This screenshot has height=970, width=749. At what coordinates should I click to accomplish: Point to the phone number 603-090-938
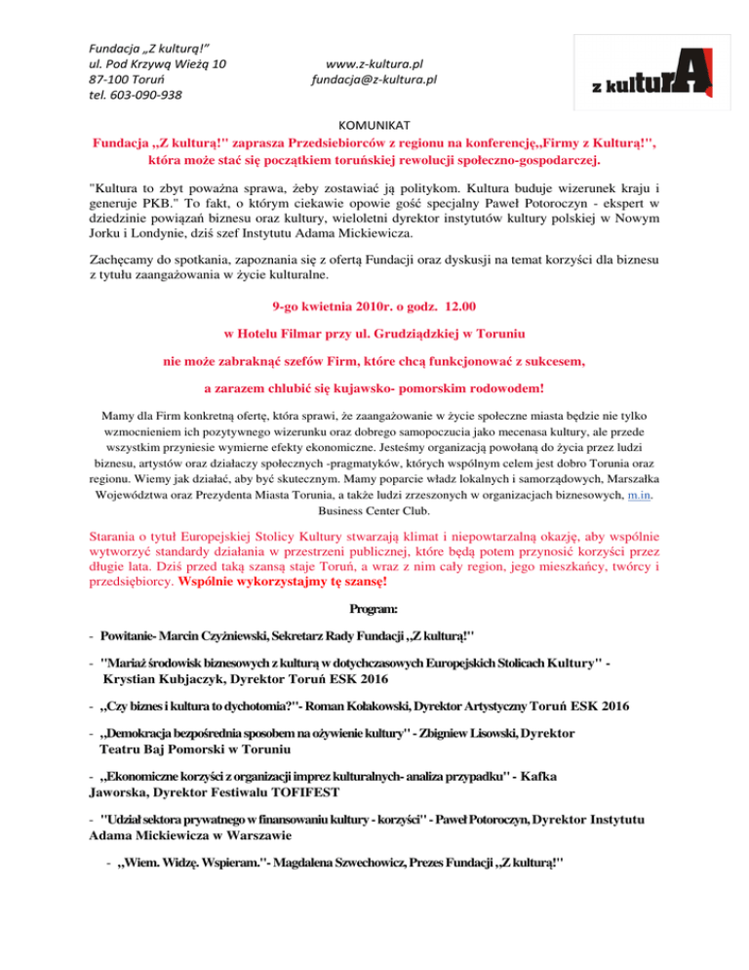tap(144, 95)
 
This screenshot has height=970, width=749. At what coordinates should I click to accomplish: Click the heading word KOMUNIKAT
tap(374, 125)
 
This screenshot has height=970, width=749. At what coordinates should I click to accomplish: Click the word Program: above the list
tap(375, 610)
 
